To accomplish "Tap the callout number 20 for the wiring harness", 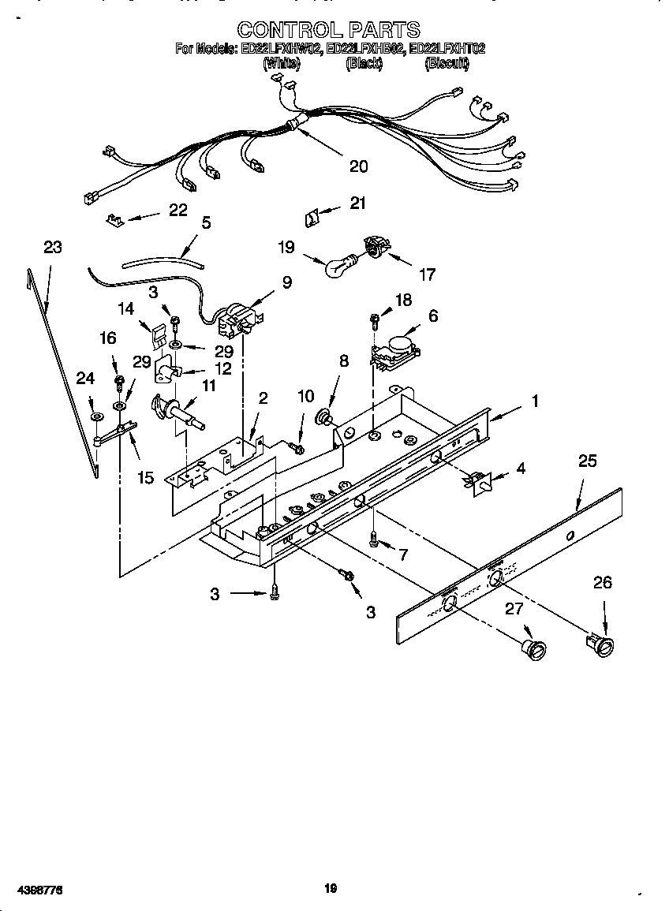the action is (358, 166).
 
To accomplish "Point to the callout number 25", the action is (587, 461).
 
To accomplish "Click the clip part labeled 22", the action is (114, 218).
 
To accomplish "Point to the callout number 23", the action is (52, 247).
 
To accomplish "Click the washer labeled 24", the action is (95, 416).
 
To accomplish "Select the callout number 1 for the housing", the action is (534, 401).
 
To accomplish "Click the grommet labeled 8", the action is (323, 416).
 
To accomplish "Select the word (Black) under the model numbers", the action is (364, 65).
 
